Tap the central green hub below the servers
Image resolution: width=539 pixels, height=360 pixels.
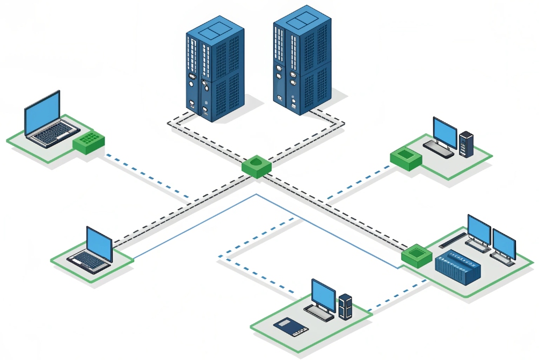tap(256, 166)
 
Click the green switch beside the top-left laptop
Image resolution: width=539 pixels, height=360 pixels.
tap(89, 142)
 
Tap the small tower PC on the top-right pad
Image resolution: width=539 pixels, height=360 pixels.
tap(466, 144)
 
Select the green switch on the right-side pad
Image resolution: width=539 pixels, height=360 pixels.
tap(417, 255)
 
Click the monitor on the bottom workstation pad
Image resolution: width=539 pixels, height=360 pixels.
tap(324, 294)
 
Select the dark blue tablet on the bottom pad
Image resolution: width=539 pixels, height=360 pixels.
tap(290, 325)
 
